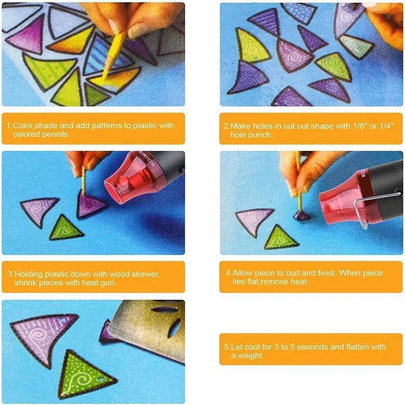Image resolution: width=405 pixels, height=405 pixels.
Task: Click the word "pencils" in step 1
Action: tap(56, 134)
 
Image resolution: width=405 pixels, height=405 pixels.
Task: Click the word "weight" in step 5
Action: tap(250, 356)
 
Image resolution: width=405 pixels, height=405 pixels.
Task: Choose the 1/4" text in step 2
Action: tap(387, 126)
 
